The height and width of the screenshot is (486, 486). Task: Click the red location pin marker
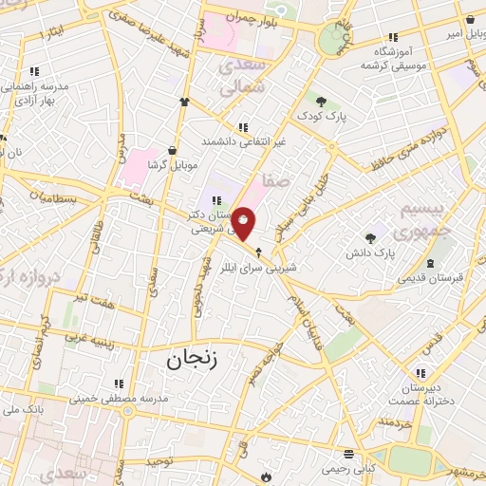pyautogui.click(x=244, y=224)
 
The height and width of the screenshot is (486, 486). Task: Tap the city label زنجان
pyautogui.click(x=193, y=360)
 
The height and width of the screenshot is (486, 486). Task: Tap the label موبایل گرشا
pyautogui.click(x=171, y=165)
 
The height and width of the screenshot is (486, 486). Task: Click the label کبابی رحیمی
pyautogui.click(x=348, y=468)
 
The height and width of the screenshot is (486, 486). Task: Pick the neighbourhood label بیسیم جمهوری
pyautogui.click(x=419, y=221)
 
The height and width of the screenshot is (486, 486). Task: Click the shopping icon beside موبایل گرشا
pyautogui.click(x=171, y=150)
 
